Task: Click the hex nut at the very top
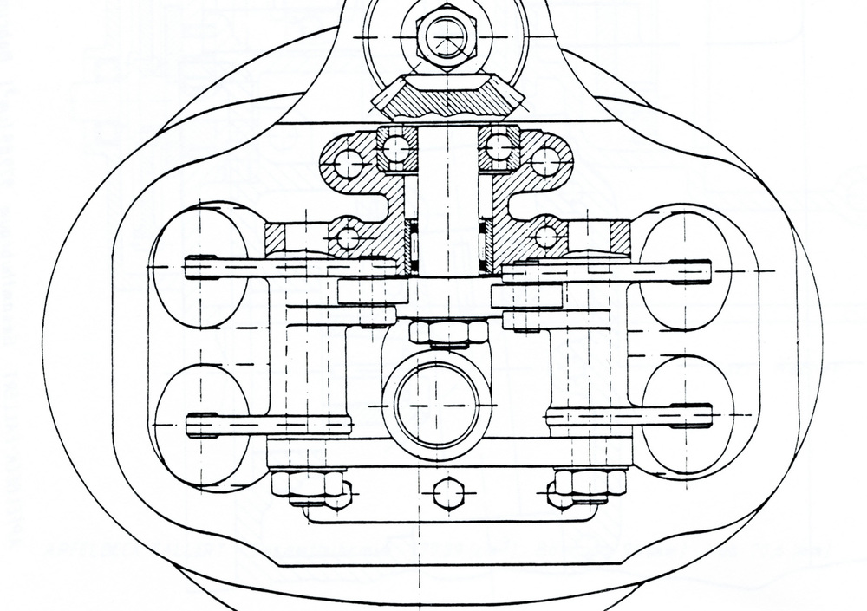point(447,37)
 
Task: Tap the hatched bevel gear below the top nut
point(448,98)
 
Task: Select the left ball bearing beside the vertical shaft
point(396,148)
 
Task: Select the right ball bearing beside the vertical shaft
point(499,148)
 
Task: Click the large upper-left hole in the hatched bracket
point(349,163)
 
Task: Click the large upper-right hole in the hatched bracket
point(545,162)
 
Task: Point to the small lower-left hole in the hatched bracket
point(348,237)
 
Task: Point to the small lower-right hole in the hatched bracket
point(546,237)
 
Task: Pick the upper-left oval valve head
point(200,265)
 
